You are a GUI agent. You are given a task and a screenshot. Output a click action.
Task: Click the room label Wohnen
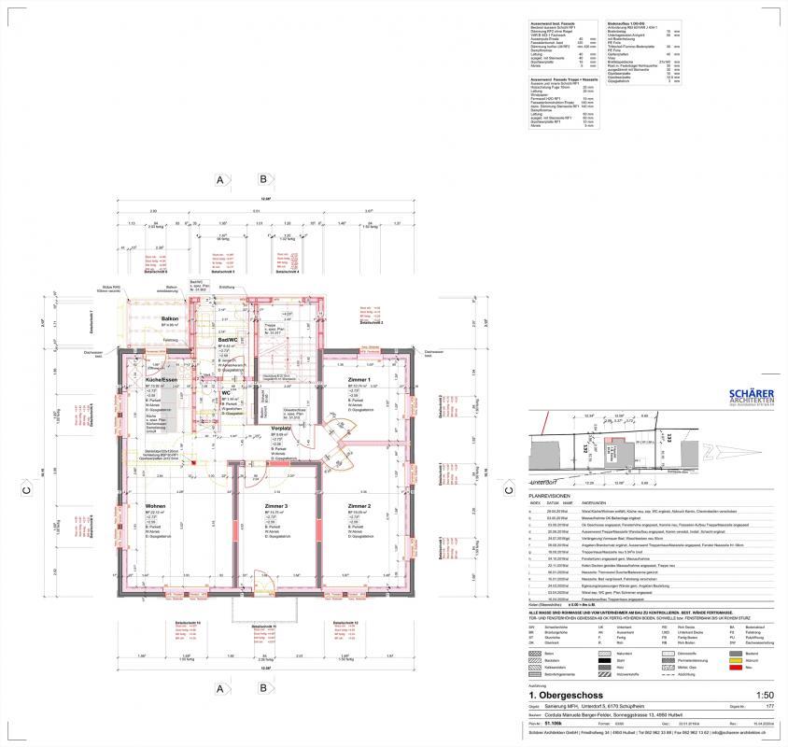[x=156, y=507]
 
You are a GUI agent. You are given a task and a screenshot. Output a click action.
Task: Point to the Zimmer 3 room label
[x=275, y=507]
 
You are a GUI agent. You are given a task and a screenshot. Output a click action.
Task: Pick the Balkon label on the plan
[x=169, y=319]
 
